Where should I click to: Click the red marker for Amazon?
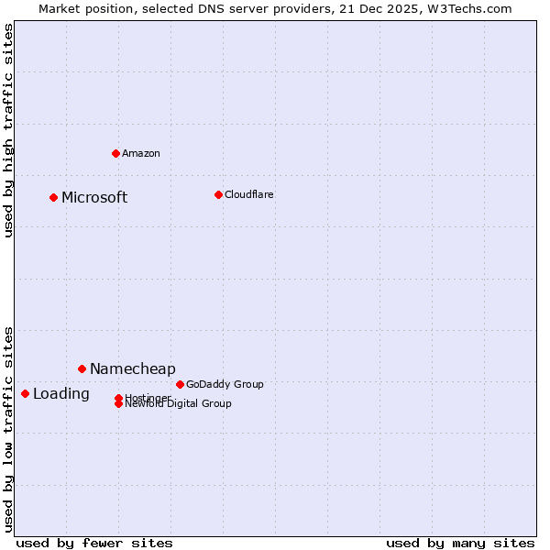(115, 153)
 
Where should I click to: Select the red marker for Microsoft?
(54, 197)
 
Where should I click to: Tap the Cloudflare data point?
(218, 194)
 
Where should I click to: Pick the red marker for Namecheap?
(82, 368)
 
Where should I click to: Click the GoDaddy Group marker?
(180, 384)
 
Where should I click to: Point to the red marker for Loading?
(25, 393)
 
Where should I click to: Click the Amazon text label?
(140, 153)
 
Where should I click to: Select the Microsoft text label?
(94, 197)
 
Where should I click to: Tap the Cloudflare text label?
(248, 194)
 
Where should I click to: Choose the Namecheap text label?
(132, 368)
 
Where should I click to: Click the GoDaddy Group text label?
(225, 384)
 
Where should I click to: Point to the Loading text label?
(61, 394)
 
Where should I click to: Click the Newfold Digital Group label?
(178, 404)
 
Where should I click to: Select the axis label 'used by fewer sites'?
(94, 543)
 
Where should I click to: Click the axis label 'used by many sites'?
(460, 543)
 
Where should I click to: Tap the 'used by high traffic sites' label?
(9, 130)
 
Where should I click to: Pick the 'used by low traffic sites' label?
(9, 428)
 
